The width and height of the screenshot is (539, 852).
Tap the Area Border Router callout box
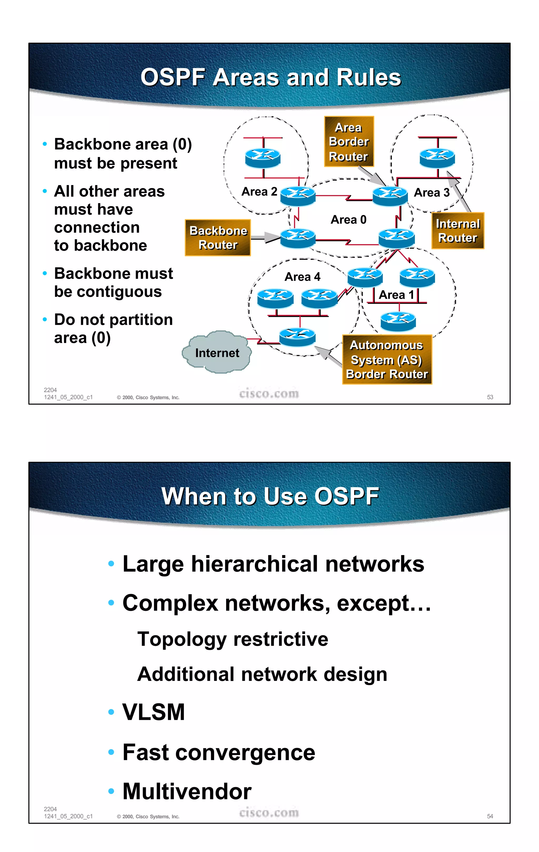click(349, 142)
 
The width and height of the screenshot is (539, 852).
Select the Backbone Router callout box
click(218, 237)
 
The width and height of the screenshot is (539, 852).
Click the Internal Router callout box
click(458, 231)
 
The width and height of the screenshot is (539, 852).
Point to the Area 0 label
click(348, 220)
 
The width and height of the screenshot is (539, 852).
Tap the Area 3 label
click(431, 192)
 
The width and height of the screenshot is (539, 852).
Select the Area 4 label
click(302, 277)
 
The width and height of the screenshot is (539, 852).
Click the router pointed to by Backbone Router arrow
click(297, 238)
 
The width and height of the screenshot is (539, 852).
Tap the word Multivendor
click(187, 791)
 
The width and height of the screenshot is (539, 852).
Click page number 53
click(490, 397)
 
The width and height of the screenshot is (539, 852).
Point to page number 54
click(490, 816)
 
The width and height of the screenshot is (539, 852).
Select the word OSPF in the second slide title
click(346, 496)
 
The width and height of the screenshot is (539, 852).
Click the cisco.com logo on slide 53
click(269, 393)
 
